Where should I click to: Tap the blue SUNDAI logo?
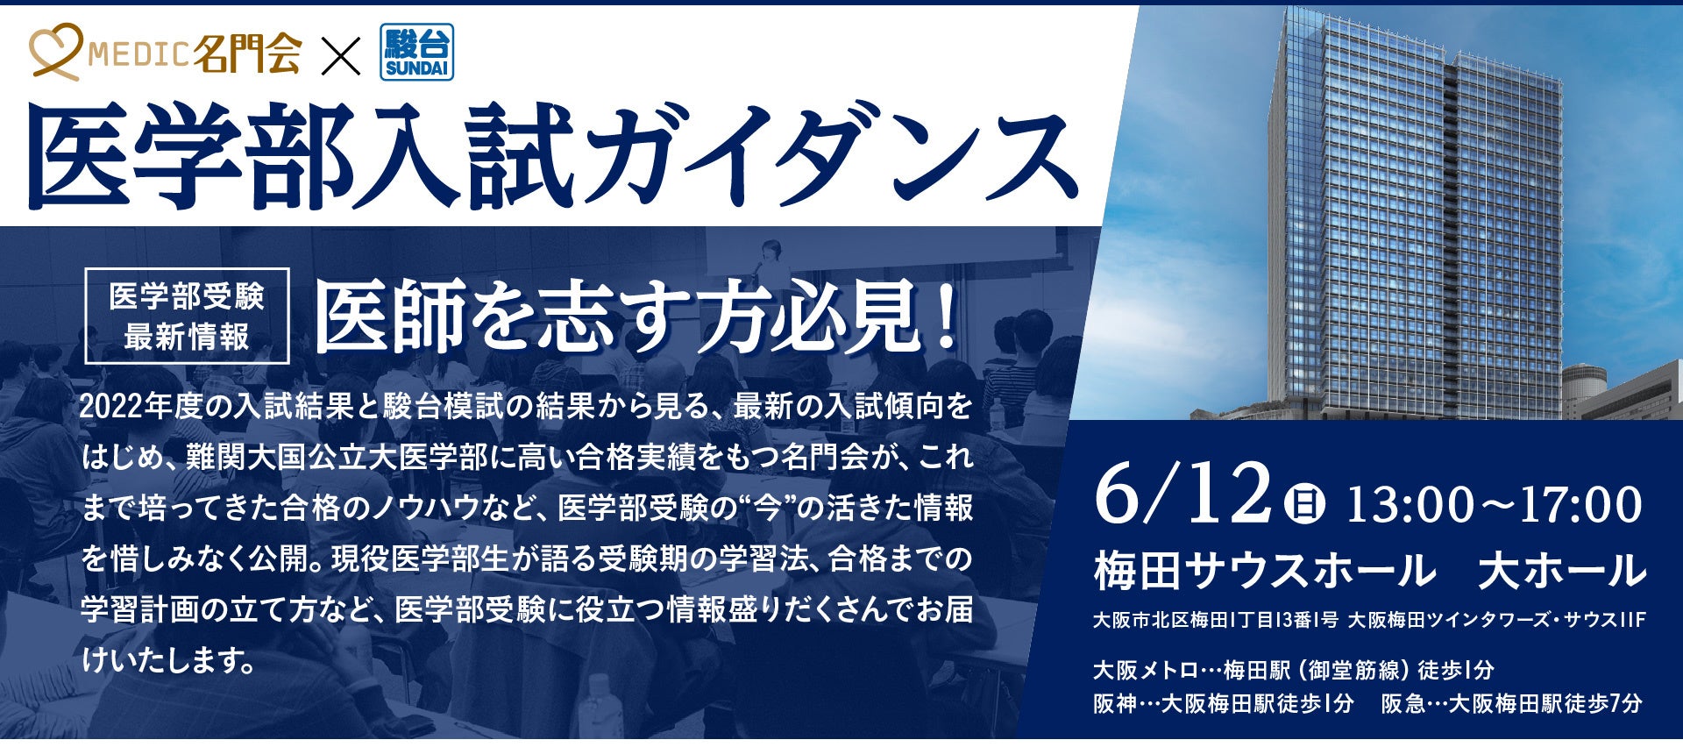(x=417, y=53)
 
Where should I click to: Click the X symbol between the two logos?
(x=340, y=54)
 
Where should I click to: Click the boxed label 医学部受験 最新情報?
(x=187, y=316)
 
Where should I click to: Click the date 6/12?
(x=1182, y=496)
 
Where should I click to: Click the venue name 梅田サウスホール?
(x=1265, y=571)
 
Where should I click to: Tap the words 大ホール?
(x=1561, y=571)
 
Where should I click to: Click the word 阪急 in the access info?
(x=1403, y=704)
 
